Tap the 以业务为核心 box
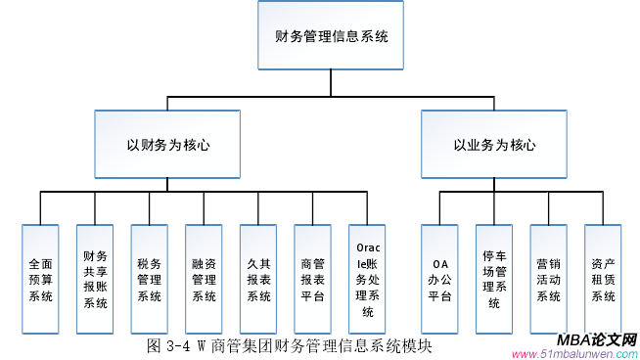(494, 145)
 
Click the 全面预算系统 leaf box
(40, 280)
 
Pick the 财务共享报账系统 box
(95, 280)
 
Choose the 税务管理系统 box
(149, 280)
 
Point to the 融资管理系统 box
(204, 280)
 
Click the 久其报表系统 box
(258, 280)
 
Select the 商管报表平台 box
(312, 280)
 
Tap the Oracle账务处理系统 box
(367, 280)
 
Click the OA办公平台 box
(439, 280)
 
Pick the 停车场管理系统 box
(494, 280)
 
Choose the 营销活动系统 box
(549, 280)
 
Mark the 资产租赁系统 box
(603, 280)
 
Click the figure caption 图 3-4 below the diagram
(289, 345)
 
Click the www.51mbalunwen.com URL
(574, 353)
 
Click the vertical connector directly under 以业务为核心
(494, 185)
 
